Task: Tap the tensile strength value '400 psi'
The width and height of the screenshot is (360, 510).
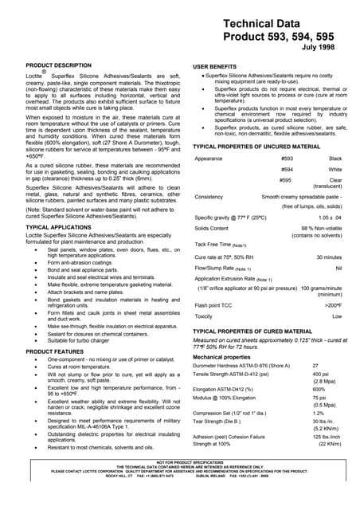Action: tap(320, 374)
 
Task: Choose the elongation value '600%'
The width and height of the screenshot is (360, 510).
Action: tap(319, 389)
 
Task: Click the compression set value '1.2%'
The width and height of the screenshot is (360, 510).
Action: tap(318, 413)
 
